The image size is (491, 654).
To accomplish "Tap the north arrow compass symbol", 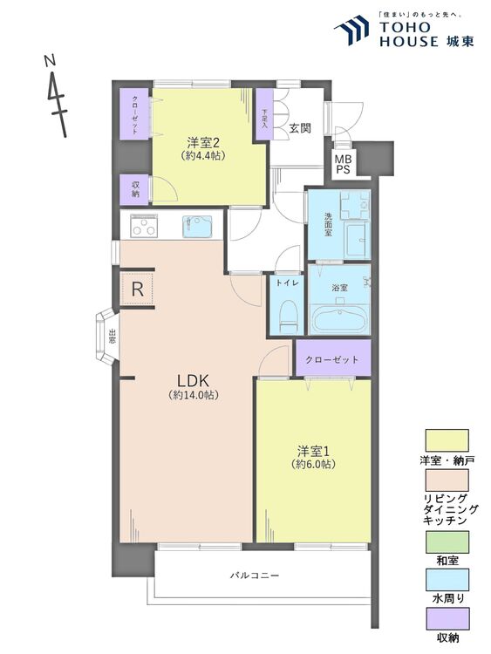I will (x=57, y=94).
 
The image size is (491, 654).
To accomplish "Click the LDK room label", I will (x=193, y=381).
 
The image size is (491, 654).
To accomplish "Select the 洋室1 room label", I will (x=313, y=452).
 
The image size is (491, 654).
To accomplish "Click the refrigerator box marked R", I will (x=137, y=289).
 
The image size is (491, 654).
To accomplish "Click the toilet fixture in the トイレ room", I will (x=286, y=316).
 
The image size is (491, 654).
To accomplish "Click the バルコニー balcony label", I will (x=255, y=576).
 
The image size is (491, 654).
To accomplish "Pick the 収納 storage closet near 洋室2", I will (x=135, y=188).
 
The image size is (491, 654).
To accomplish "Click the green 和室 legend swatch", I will (x=447, y=542).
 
